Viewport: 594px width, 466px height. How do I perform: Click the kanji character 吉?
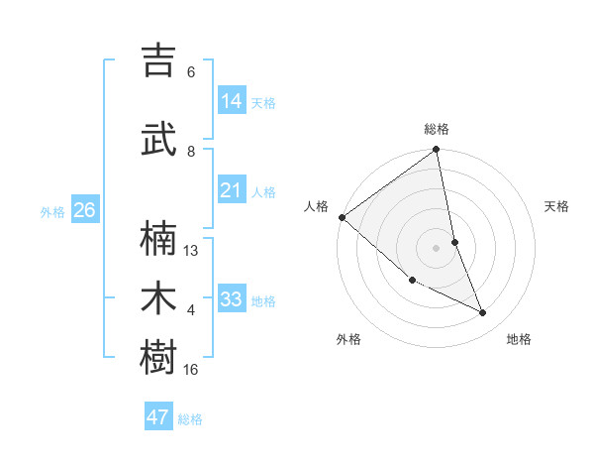[x=159, y=61]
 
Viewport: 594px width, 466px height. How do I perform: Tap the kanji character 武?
[x=159, y=141]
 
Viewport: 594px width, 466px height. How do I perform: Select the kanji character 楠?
[x=159, y=239]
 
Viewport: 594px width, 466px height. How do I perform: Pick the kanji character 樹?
[x=159, y=358]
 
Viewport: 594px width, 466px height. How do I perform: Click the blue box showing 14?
[x=232, y=101]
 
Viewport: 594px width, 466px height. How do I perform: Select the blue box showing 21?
[x=232, y=190]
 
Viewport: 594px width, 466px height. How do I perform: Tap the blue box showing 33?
[x=232, y=299]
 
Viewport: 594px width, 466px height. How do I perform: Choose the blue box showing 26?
[x=84, y=210]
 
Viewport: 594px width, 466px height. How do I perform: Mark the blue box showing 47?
[x=158, y=417]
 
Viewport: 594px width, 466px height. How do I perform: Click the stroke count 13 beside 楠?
[x=191, y=251]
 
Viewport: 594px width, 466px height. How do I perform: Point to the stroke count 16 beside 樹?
[x=191, y=369]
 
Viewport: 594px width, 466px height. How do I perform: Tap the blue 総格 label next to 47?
[x=190, y=419]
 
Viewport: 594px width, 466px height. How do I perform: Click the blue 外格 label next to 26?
[x=52, y=212]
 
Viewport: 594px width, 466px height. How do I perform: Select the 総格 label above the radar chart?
[x=437, y=129]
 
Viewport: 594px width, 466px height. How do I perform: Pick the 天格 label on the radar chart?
[x=557, y=206]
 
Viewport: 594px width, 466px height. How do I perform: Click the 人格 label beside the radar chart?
[x=317, y=206]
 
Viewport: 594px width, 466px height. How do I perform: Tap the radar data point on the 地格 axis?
[x=483, y=313]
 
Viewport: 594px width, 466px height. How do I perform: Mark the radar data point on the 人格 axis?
[x=342, y=217]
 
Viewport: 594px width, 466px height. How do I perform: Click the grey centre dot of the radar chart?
[x=437, y=247]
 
